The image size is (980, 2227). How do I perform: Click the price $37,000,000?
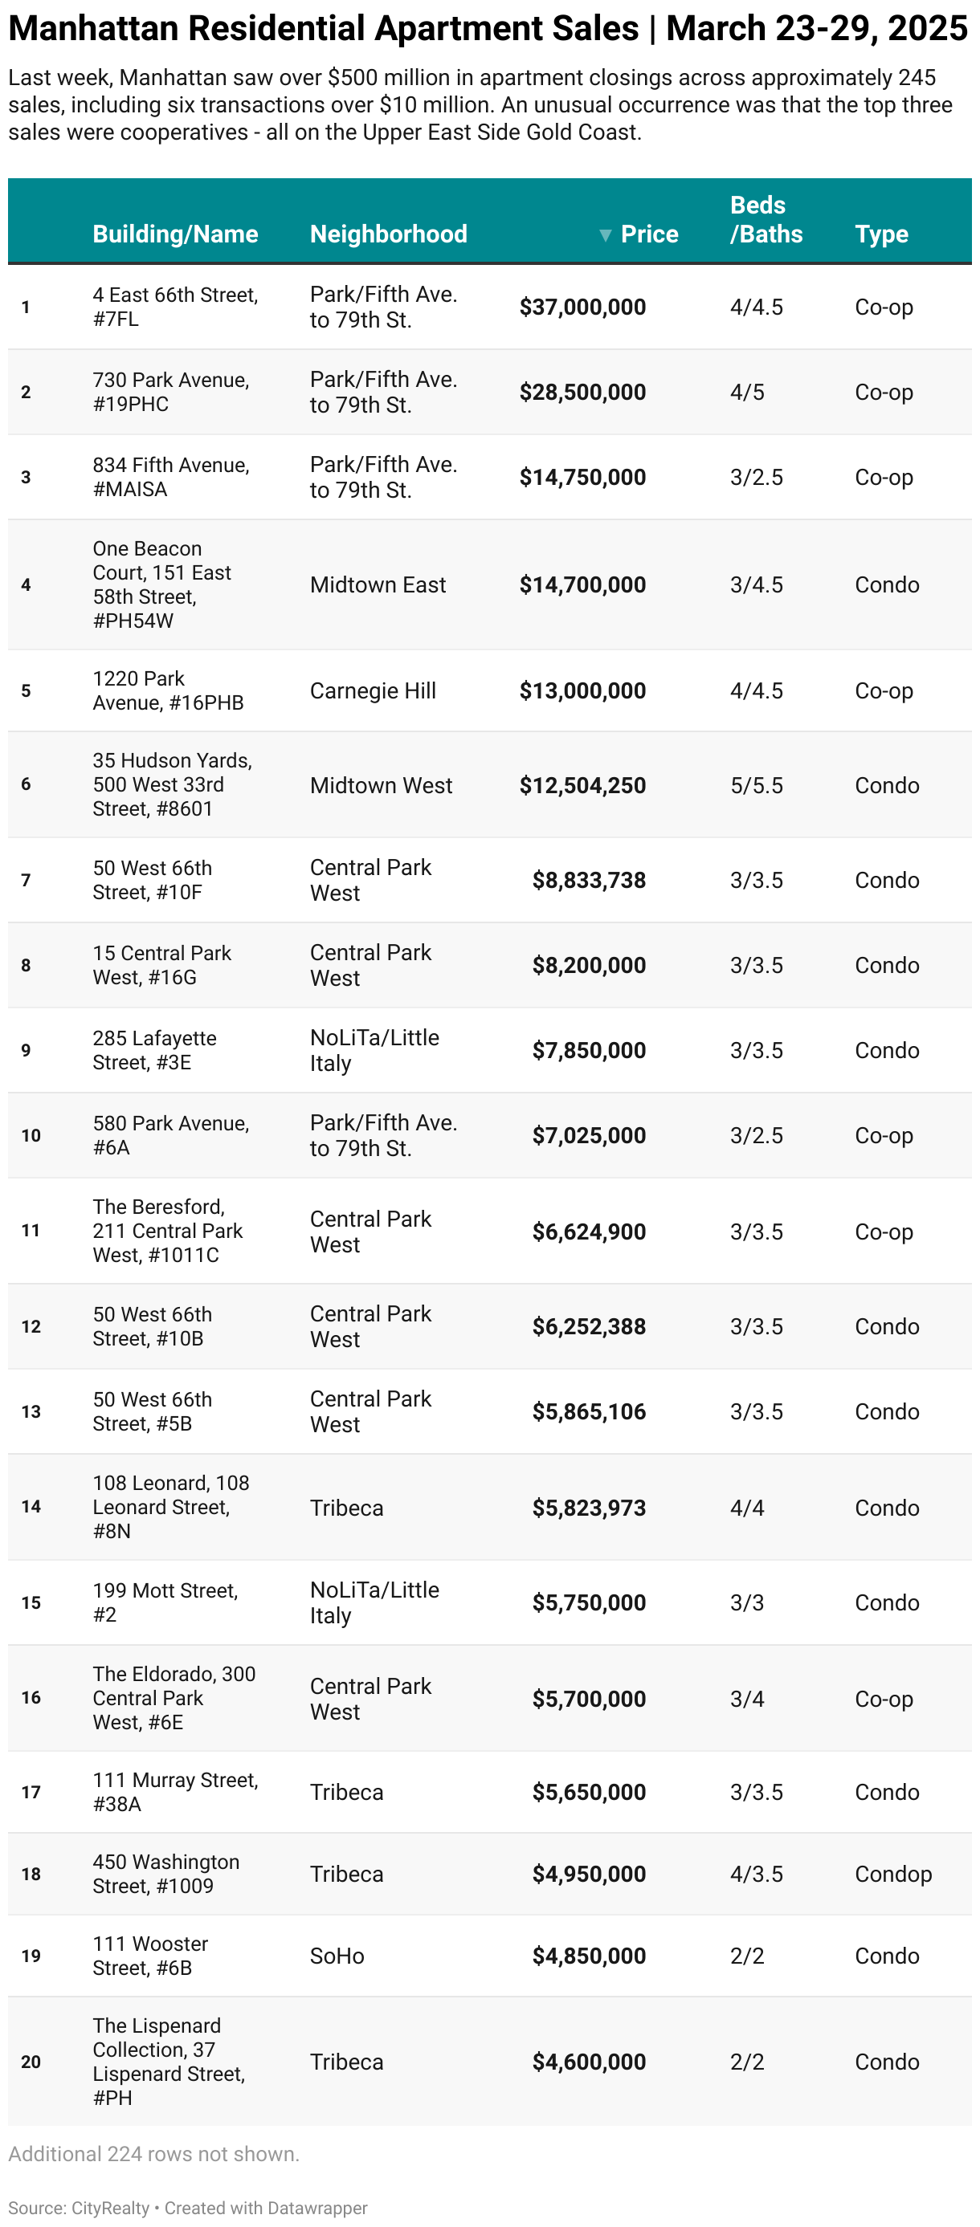[x=582, y=307]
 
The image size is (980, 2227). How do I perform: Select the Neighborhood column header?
[x=388, y=234]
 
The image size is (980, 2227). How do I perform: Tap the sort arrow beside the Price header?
[x=606, y=235]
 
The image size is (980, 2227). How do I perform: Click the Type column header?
[x=881, y=234]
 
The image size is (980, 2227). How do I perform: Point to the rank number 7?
[x=26, y=880]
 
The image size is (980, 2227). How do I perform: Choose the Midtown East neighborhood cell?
[x=378, y=584]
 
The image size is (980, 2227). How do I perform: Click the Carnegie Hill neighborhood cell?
[x=373, y=690]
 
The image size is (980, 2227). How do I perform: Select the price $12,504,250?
[x=582, y=785]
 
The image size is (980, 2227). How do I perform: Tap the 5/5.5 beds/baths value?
[x=756, y=785]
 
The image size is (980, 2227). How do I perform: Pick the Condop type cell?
[x=892, y=1874]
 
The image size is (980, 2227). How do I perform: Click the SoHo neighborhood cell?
[x=337, y=1956]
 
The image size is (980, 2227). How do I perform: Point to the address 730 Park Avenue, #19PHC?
[x=170, y=392]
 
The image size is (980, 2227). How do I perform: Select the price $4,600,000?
[x=588, y=2062]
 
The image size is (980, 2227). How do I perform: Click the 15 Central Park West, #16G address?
[x=161, y=965]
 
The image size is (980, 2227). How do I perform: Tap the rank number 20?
[x=31, y=2062]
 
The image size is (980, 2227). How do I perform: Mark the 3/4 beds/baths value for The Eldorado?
[x=746, y=1699]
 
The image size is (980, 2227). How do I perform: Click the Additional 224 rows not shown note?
[x=154, y=2153]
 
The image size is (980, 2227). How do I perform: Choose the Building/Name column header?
[x=176, y=234]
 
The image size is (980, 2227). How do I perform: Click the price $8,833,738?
[x=588, y=880]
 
